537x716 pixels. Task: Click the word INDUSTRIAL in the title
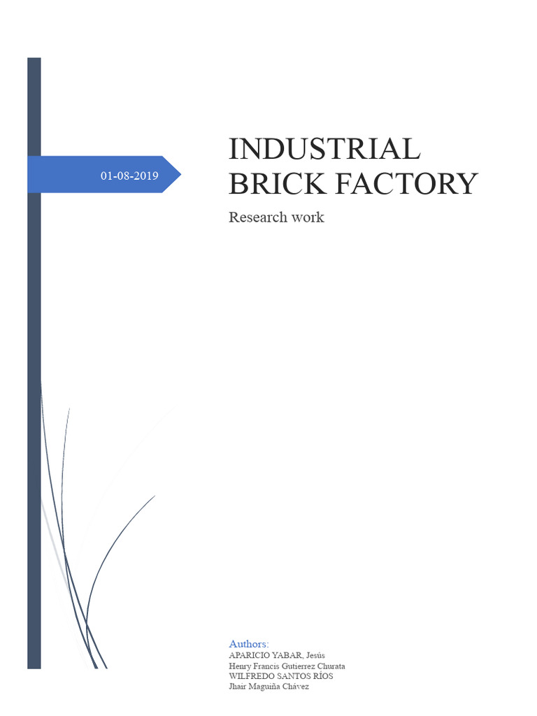(324, 149)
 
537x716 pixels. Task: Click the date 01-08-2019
(129, 176)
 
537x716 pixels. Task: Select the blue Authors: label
(249, 643)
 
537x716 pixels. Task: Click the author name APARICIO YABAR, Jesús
(276, 655)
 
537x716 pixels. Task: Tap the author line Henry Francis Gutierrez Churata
(287, 666)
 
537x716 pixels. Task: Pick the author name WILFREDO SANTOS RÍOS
(281, 676)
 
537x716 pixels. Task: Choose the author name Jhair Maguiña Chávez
(268, 687)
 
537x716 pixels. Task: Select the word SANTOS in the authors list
(292, 676)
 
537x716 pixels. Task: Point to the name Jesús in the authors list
(315, 655)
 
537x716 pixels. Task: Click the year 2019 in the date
(147, 176)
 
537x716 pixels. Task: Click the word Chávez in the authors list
(298, 687)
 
